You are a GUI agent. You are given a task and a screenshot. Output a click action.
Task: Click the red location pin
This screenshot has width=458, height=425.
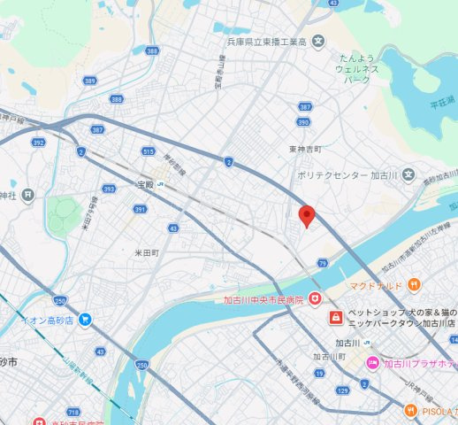pyautogui.click(x=307, y=215)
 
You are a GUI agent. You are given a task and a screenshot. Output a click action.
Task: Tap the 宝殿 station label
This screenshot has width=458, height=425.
pyautogui.click(x=145, y=184)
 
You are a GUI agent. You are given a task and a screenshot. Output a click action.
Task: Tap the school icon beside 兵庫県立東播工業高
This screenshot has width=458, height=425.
pyautogui.click(x=319, y=42)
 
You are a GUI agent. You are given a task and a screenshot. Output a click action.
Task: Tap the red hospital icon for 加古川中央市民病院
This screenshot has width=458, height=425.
pyautogui.click(x=313, y=300)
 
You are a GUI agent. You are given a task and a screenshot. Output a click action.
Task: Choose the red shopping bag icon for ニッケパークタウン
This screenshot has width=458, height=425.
pyautogui.click(x=336, y=317)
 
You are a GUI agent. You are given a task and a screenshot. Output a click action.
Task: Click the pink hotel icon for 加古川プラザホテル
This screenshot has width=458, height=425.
pyautogui.click(x=373, y=363)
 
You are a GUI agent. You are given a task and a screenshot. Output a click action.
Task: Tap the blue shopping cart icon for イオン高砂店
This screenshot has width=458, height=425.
pyautogui.click(x=85, y=318)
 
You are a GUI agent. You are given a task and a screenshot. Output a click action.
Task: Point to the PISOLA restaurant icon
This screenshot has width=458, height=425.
pyautogui.click(x=409, y=410)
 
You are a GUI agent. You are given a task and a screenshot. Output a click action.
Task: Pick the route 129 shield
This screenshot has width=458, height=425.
pyautogui.click(x=342, y=390)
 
